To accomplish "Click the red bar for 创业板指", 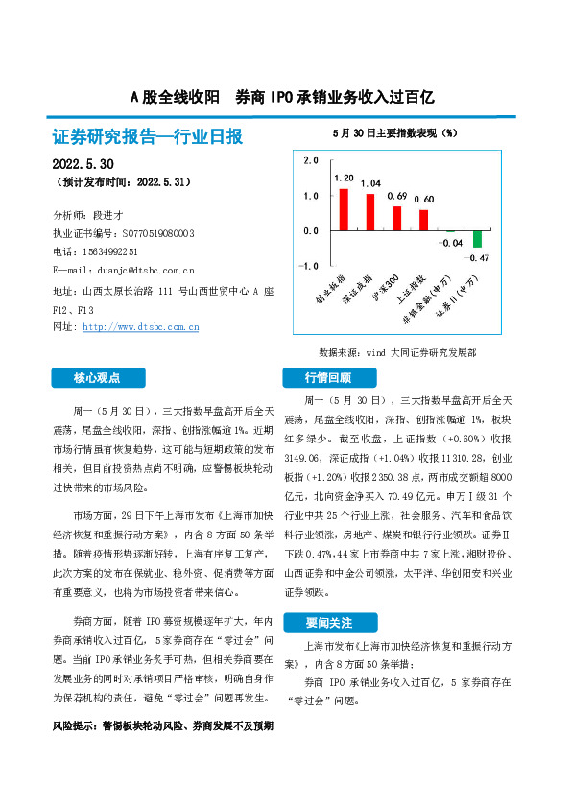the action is point(344,210).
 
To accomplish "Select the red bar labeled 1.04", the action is point(370,212).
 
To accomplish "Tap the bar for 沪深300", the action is point(396,219).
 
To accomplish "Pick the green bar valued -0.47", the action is point(477,239).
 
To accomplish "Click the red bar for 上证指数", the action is point(423,221).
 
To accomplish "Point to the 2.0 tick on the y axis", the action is point(310,161).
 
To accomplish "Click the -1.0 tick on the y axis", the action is point(309,266).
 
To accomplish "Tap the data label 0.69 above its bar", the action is point(396,196).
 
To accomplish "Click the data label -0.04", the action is point(451,244).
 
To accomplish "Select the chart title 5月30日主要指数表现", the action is point(393,131).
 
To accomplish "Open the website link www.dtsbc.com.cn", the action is point(141,327).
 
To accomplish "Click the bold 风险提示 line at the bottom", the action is point(162,725).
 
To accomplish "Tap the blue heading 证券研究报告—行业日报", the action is point(147,137).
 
